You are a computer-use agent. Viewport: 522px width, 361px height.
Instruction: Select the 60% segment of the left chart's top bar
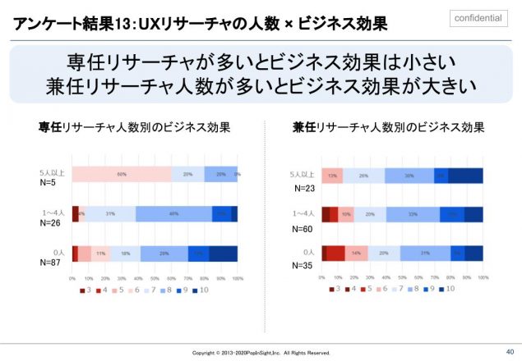tap(122, 174)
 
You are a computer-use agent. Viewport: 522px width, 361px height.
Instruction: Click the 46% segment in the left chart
tap(173, 214)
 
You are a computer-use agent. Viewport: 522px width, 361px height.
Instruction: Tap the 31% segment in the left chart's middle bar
tap(110, 214)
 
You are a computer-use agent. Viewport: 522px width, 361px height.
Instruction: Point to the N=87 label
tap(50, 263)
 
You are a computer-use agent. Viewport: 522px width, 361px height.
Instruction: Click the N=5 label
tap(48, 184)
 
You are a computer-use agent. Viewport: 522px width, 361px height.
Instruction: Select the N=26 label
tap(50, 224)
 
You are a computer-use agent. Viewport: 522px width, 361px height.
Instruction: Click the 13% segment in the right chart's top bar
tap(332, 175)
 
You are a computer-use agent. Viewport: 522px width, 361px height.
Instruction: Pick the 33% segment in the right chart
tap(412, 214)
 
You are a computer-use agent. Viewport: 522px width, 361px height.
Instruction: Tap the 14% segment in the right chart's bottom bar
tap(356, 254)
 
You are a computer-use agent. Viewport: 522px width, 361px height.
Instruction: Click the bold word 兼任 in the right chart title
tap(305, 127)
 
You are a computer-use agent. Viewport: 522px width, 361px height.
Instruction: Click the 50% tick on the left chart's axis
tap(155, 279)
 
